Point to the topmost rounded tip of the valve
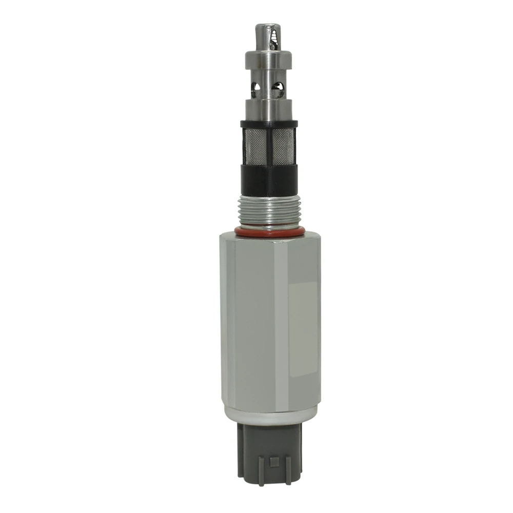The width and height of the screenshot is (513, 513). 267,27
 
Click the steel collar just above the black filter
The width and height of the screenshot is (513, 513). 268,108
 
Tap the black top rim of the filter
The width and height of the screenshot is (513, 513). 268,124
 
